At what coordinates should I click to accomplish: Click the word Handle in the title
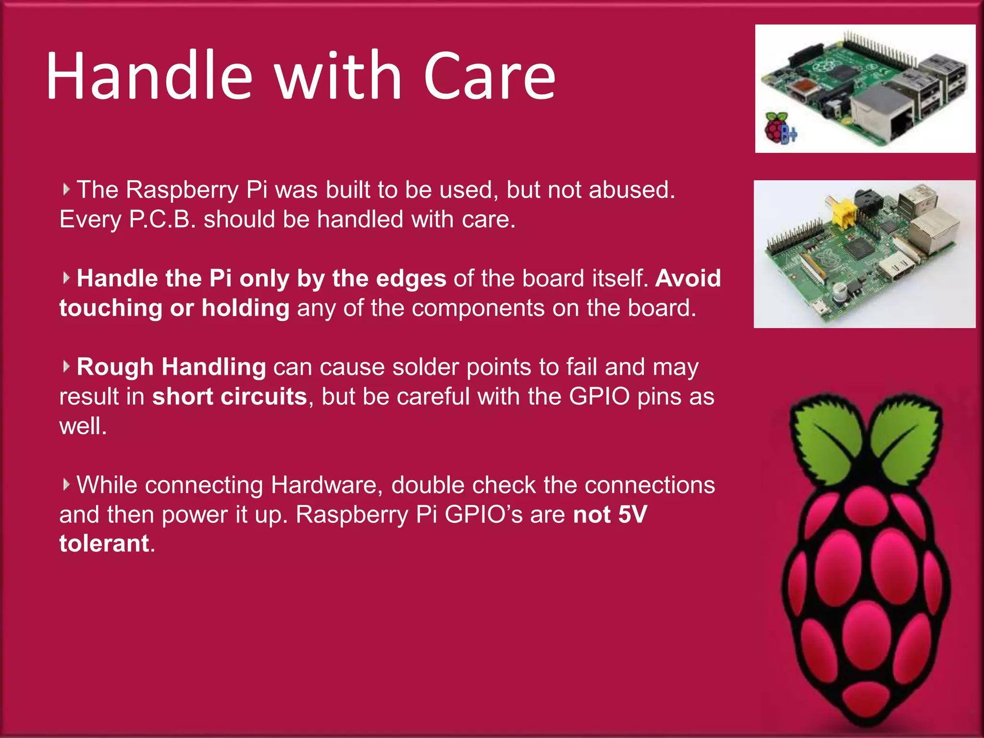point(149,77)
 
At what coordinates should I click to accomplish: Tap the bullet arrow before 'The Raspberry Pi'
point(66,189)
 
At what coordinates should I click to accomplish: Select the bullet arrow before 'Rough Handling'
point(66,367)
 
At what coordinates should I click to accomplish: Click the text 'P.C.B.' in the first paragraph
point(162,220)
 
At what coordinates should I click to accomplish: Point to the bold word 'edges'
point(411,279)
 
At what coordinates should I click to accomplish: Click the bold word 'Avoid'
point(688,279)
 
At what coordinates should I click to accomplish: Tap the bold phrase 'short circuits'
point(230,397)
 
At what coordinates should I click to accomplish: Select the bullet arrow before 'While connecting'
point(66,484)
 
